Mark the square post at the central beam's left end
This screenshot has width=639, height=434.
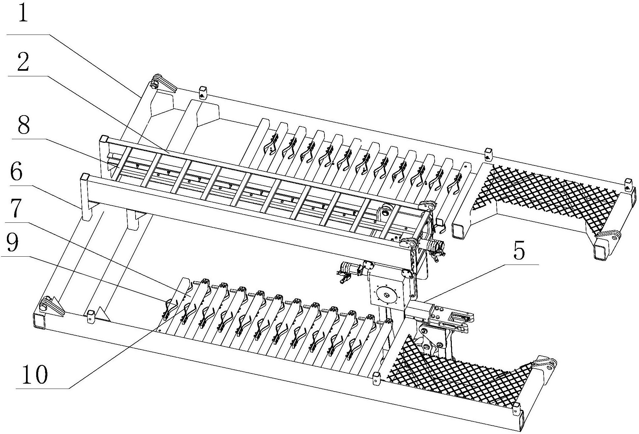(x=86, y=197)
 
